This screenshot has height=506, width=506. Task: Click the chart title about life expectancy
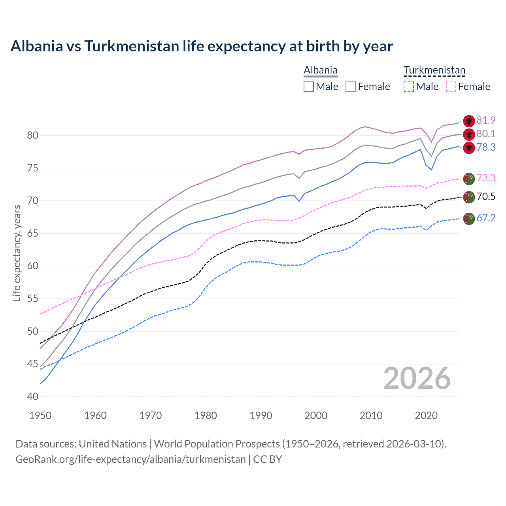pyautogui.click(x=202, y=46)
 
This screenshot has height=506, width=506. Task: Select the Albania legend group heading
pyautogui.click(x=320, y=70)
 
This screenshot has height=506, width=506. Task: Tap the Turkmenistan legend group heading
pyautogui.click(x=434, y=70)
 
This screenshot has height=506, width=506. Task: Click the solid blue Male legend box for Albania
pyautogui.click(x=309, y=87)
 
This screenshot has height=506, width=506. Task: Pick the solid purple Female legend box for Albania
pyautogui.click(x=351, y=87)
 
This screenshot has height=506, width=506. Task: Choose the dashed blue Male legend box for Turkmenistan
pyautogui.click(x=409, y=87)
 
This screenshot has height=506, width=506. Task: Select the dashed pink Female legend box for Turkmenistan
pyautogui.click(x=451, y=87)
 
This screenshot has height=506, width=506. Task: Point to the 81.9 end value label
pyautogui.click(x=486, y=120)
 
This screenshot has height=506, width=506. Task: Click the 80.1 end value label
pyautogui.click(x=486, y=134)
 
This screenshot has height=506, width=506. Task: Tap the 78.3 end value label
pyautogui.click(x=486, y=147)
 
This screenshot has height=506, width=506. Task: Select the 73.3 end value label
pyautogui.click(x=486, y=178)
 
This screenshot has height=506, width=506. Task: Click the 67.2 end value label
pyautogui.click(x=486, y=218)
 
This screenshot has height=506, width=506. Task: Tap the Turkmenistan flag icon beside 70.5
pyautogui.click(x=469, y=196)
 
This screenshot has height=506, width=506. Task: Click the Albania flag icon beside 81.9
pyautogui.click(x=469, y=121)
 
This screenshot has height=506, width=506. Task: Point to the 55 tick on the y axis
pyautogui.click(x=33, y=299)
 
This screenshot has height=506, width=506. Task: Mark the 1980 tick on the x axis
pyautogui.click(x=206, y=415)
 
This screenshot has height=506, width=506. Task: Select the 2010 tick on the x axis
pyautogui.click(x=371, y=415)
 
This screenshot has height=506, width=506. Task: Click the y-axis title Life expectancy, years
pyautogui.click(x=17, y=253)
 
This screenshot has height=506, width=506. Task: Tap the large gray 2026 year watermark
pyautogui.click(x=417, y=378)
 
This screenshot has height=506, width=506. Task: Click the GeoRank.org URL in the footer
pyautogui.click(x=130, y=459)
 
